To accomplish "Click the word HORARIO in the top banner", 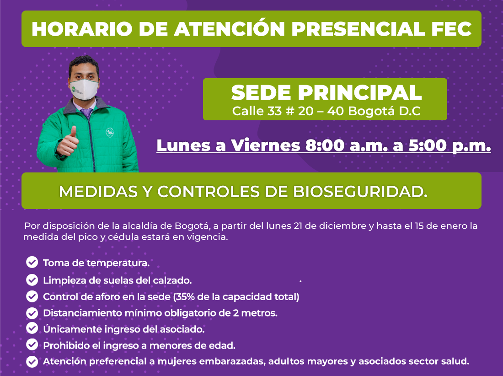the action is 82,29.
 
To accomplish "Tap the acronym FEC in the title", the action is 451,29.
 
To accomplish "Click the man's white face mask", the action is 84,89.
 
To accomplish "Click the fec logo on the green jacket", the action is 110,132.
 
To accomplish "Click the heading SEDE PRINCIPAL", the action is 326,93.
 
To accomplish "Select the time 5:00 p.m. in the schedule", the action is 449,145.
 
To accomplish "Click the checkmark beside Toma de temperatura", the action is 32,262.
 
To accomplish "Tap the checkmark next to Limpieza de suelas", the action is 32,280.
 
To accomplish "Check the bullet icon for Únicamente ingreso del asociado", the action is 32,328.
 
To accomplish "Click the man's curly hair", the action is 84,62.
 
